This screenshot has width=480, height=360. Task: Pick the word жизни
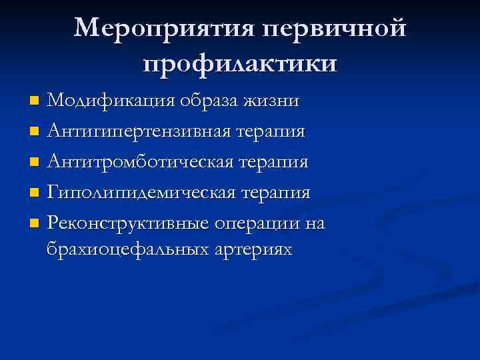point(273,101)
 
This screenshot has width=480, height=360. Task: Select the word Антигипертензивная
point(139,131)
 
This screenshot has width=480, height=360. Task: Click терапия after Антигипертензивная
point(272,131)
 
